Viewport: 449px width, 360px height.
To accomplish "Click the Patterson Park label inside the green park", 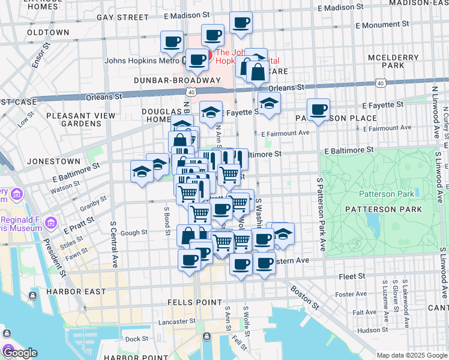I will [386, 194].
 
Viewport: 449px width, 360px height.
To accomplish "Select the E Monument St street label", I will [382, 26].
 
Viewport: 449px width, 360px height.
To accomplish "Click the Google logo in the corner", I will [19, 353].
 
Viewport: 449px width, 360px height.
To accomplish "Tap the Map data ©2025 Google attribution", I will [411, 355].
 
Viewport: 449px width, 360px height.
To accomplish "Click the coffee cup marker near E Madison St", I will [241, 23].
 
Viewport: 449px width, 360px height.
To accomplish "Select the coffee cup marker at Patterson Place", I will [318, 109].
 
